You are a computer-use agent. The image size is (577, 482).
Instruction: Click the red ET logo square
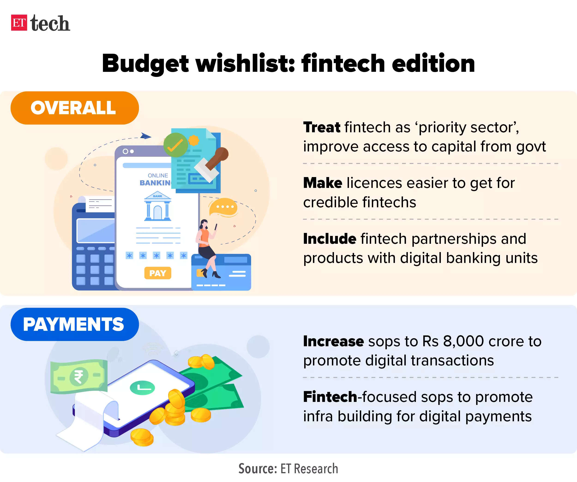[19, 23]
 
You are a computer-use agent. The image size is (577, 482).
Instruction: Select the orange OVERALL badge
[75, 108]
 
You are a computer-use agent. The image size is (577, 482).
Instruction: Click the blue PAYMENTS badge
[75, 324]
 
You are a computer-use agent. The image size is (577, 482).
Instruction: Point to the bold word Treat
[322, 127]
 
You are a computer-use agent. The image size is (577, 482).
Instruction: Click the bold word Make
[323, 183]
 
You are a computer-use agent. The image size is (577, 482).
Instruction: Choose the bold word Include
[330, 238]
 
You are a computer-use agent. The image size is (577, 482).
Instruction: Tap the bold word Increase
[334, 341]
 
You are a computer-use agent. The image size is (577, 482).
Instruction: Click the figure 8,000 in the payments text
[463, 342]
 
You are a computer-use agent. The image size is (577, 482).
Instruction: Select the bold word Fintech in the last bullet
[330, 397]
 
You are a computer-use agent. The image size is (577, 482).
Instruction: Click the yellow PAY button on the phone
[158, 273]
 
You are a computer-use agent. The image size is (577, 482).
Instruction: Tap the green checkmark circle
[176, 145]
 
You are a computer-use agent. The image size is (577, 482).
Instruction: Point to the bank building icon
[158, 206]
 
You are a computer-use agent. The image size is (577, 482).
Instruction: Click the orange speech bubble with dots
[223, 207]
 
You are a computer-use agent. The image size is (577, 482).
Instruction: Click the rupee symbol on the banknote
[78, 376]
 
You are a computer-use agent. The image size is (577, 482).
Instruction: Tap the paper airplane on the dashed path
[146, 136]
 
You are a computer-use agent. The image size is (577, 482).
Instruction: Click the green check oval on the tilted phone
[142, 388]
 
